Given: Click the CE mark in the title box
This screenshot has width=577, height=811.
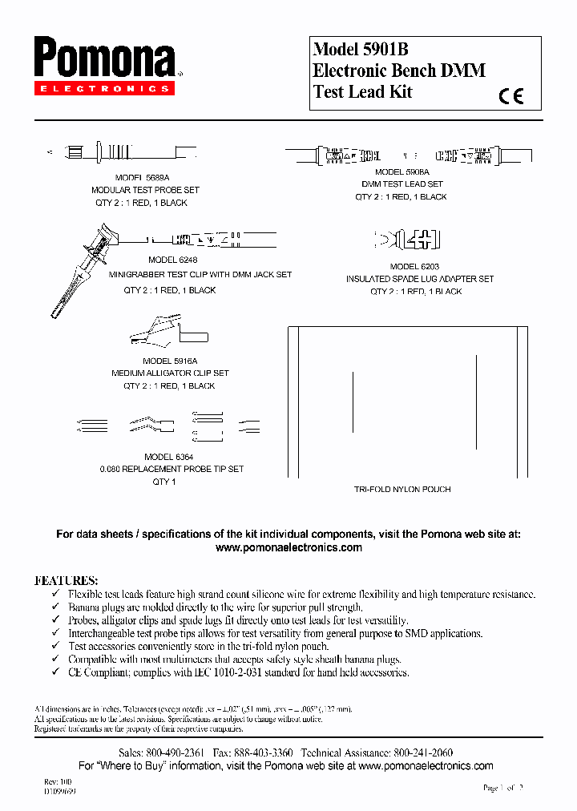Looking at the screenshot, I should [510, 96].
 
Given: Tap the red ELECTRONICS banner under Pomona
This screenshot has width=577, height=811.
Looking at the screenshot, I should [103, 89].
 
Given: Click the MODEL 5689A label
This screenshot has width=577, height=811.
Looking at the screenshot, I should [143, 177].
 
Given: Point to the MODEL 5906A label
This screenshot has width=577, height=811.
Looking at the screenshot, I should [401, 171].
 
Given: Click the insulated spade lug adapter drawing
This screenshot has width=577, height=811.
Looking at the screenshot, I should [409, 240].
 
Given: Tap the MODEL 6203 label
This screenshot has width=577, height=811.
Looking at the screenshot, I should [414, 266].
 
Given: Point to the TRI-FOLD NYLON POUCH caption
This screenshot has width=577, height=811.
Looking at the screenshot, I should [402, 489].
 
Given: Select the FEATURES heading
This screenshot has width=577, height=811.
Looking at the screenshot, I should [66, 579].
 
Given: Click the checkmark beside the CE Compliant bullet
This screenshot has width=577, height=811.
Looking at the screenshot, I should [54, 672].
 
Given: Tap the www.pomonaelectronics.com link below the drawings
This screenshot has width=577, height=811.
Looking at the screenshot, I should [288, 547].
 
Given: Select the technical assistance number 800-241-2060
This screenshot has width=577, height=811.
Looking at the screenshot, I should [422, 753].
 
